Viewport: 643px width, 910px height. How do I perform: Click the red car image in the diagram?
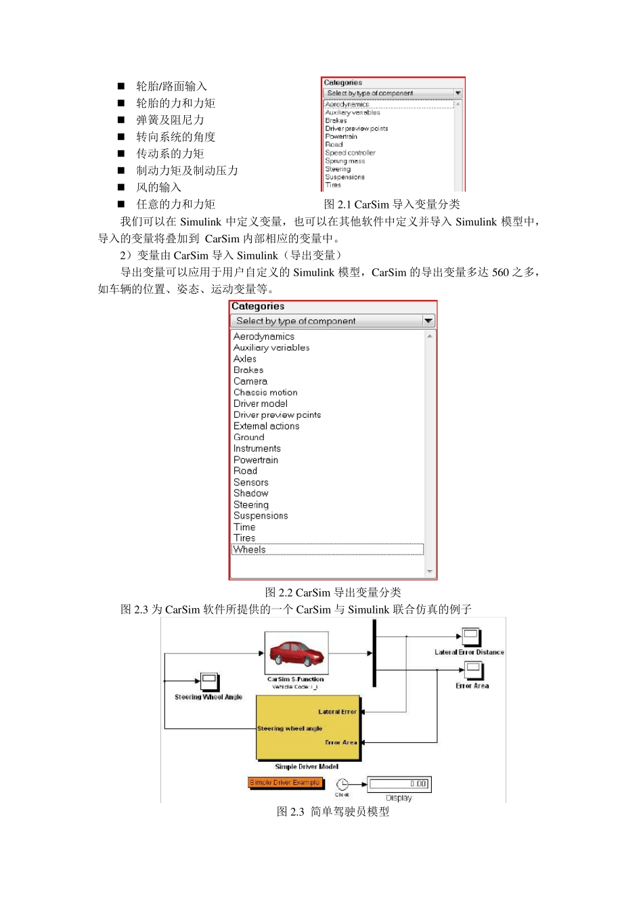(296, 653)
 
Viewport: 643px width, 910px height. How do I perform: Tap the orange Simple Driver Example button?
(284, 783)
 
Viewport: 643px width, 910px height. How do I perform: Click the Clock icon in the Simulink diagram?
(342, 784)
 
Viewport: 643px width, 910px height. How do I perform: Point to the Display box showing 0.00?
(399, 784)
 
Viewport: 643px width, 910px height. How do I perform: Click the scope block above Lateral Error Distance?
(472, 637)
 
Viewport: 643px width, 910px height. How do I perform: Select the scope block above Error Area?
(473, 670)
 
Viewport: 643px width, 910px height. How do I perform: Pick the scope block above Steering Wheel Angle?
(209, 681)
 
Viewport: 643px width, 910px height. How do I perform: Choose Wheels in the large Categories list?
(250, 550)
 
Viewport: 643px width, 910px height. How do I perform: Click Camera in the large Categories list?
(250, 381)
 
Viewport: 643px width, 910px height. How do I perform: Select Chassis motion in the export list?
(265, 393)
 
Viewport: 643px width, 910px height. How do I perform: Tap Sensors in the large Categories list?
(251, 482)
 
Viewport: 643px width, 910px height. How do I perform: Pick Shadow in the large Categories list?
(251, 494)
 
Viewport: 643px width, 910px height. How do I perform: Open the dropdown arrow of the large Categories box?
(428, 321)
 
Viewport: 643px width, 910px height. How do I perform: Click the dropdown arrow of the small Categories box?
(458, 93)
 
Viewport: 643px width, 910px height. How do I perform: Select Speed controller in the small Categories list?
(350, 153)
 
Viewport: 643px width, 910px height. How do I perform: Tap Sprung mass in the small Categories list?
(345, 161)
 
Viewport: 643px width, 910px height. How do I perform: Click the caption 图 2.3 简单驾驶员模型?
(333, 811)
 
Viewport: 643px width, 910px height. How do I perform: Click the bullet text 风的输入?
(158, 188)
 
